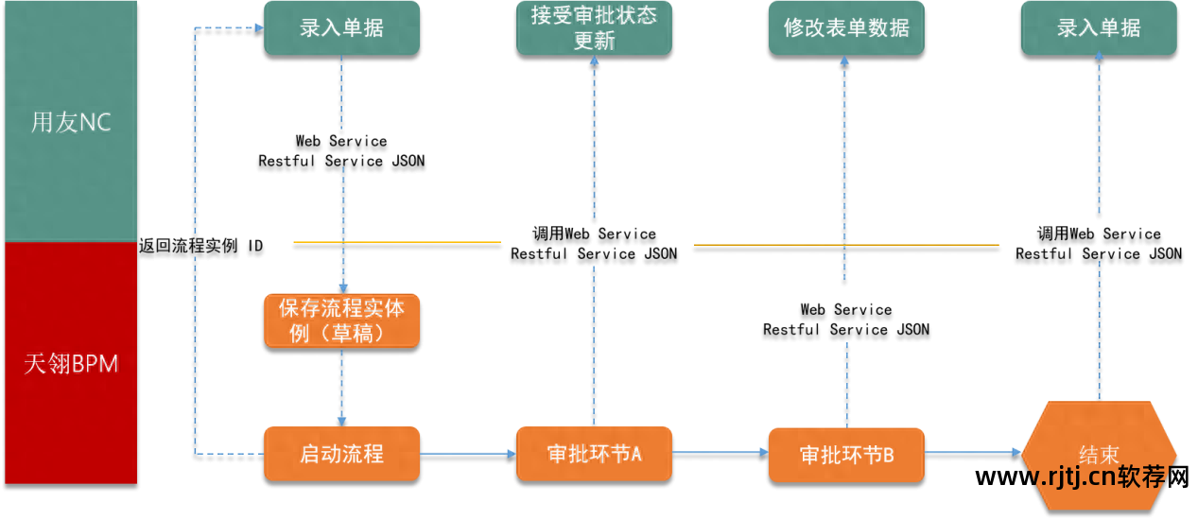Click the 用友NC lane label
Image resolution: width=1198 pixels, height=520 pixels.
71,123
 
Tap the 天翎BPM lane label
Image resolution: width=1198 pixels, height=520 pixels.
71,364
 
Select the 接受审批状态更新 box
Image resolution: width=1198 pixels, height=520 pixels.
594,28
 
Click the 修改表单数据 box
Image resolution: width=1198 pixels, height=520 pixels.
846,28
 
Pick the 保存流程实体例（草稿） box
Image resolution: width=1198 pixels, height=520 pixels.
341,321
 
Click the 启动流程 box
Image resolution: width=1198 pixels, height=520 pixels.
341,454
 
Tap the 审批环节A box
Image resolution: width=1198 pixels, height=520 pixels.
594,454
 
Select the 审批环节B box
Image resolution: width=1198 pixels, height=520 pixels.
846,455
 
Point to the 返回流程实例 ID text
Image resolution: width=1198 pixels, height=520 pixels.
201,246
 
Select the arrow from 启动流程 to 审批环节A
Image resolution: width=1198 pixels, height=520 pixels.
467,455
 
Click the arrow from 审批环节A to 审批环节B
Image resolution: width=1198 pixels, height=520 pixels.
720,454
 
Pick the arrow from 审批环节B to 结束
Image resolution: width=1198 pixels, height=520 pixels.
972,454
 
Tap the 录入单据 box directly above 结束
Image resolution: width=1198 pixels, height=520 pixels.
1099,28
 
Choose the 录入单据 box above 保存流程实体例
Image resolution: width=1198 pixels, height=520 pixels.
341,28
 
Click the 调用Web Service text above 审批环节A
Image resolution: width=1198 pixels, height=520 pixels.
594,234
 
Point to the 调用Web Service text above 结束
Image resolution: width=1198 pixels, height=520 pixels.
1099,234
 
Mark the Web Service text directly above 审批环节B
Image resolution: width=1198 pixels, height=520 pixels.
846,310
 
